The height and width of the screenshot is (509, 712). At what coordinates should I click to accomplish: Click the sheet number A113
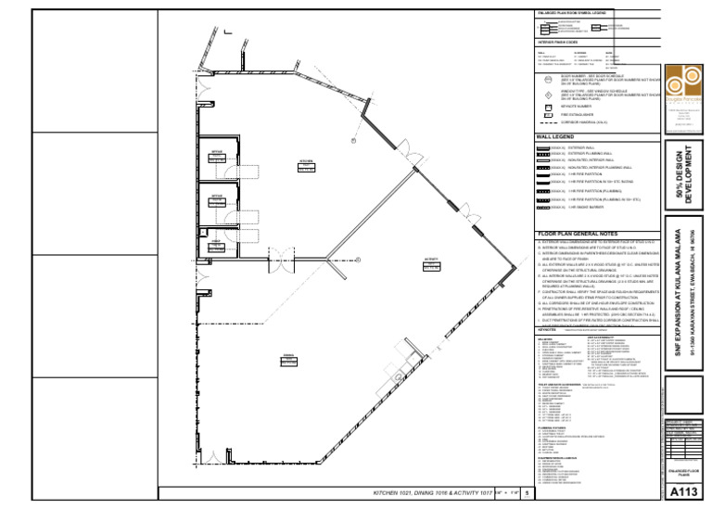684,492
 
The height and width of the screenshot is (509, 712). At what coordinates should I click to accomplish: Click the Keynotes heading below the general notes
546,328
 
